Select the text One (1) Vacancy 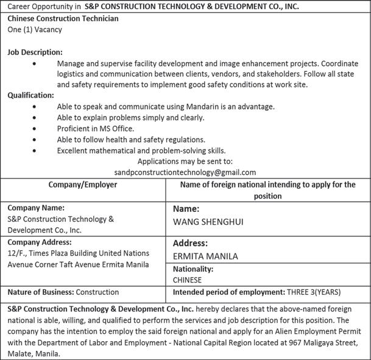[x=35, y=29]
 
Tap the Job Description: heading [x=35, y=52]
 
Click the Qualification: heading [x=30, y=95]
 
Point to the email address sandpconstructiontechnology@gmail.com [x=185, y=172]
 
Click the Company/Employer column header [x=83, y=185]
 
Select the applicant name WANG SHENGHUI [x=208, y=222]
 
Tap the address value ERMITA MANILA [x=205, y=256]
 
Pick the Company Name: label [x=36, y=208]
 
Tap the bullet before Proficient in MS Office [x=35, y=129]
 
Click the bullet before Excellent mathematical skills [x=35, y=150]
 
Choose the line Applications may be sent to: [x=185, y=161]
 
